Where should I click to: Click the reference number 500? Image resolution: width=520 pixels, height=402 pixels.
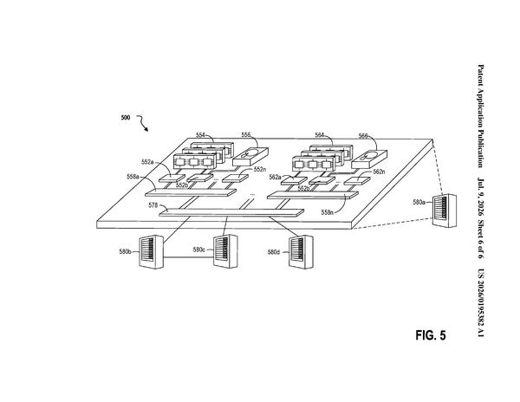[126, 117]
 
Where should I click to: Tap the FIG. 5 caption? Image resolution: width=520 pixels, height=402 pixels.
[431, 335]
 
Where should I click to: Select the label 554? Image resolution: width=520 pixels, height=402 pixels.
[200, 135]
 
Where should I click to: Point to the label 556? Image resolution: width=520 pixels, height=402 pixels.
[246, 134]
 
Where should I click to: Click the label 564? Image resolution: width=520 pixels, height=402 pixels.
[319, 135]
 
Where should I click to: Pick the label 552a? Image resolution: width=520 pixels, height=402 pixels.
[147, 162]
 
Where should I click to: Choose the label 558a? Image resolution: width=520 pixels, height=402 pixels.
[133, 177]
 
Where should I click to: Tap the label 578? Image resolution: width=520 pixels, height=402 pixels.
[153, 205]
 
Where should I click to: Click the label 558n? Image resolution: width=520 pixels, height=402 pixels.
[328, 212]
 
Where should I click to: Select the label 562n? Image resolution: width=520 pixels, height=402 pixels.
[379, 172]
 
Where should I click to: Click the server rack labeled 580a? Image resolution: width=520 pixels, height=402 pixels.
[445, 211]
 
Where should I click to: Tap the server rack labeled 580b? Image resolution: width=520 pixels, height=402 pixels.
[151, 252]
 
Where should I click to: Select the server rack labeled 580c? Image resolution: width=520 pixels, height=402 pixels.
[225, 251]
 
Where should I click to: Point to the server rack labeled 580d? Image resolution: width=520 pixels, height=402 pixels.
[301, 252]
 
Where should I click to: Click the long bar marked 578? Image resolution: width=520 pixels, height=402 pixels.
[231, 213]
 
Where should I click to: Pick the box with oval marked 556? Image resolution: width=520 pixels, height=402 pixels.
[250, 157]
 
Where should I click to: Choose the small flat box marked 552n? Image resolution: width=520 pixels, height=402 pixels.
[235, 178]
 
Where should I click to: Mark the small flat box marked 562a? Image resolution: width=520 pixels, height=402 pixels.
[294, 180]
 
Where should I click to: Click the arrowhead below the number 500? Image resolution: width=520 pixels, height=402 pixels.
[146, 129]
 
